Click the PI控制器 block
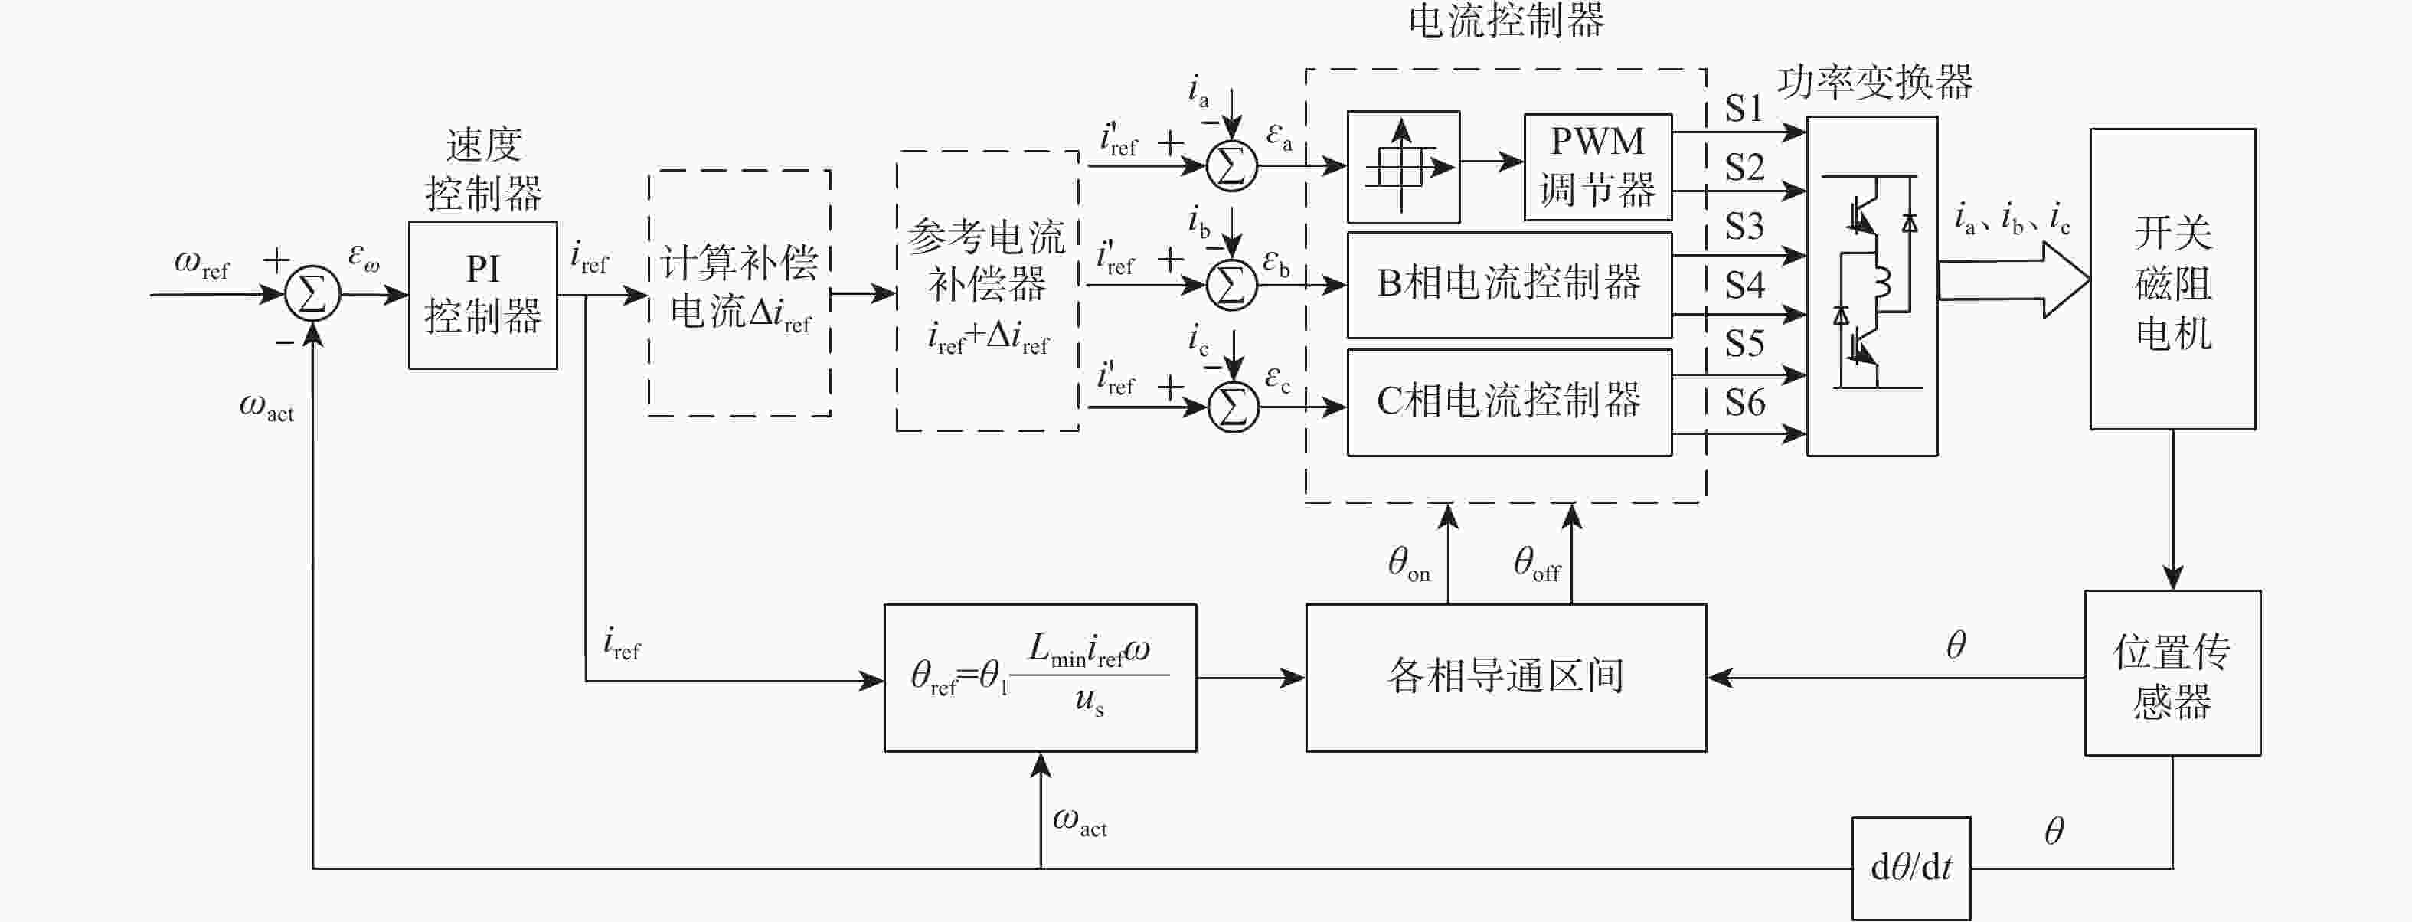point(482,295)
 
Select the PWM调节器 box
point(1597,167)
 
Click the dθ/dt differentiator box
point(1910,868)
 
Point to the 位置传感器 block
point(2172,673)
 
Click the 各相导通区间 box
point(1505,677)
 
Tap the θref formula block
point(1039,677)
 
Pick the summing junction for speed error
point(312,294)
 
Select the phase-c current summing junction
point(1233,406)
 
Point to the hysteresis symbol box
point(1403,167)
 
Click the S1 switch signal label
point(1744,109)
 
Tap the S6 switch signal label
point(1744,403)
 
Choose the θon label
point(1408,563)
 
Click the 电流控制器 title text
point(1505,21)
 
